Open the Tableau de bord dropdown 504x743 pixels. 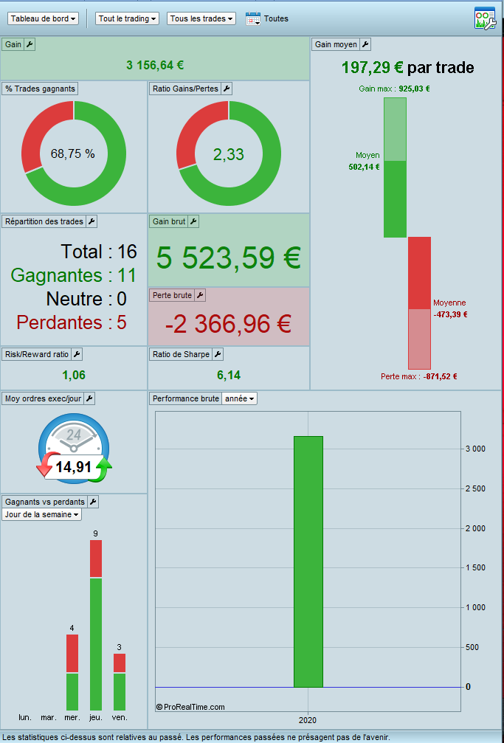pos(44,18)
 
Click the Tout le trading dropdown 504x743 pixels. pos(127,18)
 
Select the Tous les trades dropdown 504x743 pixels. pos(201,18)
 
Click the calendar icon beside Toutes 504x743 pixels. pos(253,18)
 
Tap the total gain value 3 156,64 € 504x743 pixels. pos(155,65)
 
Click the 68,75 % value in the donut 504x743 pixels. pos(73,153)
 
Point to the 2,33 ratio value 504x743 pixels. pos(229,154)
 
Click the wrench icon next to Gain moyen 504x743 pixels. pos(365,44)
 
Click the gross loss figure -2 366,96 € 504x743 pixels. pos(228,323)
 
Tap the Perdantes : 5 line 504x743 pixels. pos(71,322)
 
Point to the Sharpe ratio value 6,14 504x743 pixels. pos(229,375)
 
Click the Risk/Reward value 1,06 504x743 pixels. pos(74,375)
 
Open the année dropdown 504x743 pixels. pos(240,398)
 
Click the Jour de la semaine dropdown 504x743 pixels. pos(42,514)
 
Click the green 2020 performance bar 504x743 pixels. pos(308,561)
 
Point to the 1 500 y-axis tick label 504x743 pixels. pos(474,567)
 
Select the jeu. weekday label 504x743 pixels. pos(96,717)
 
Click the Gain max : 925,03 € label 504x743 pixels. pos(394,89)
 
